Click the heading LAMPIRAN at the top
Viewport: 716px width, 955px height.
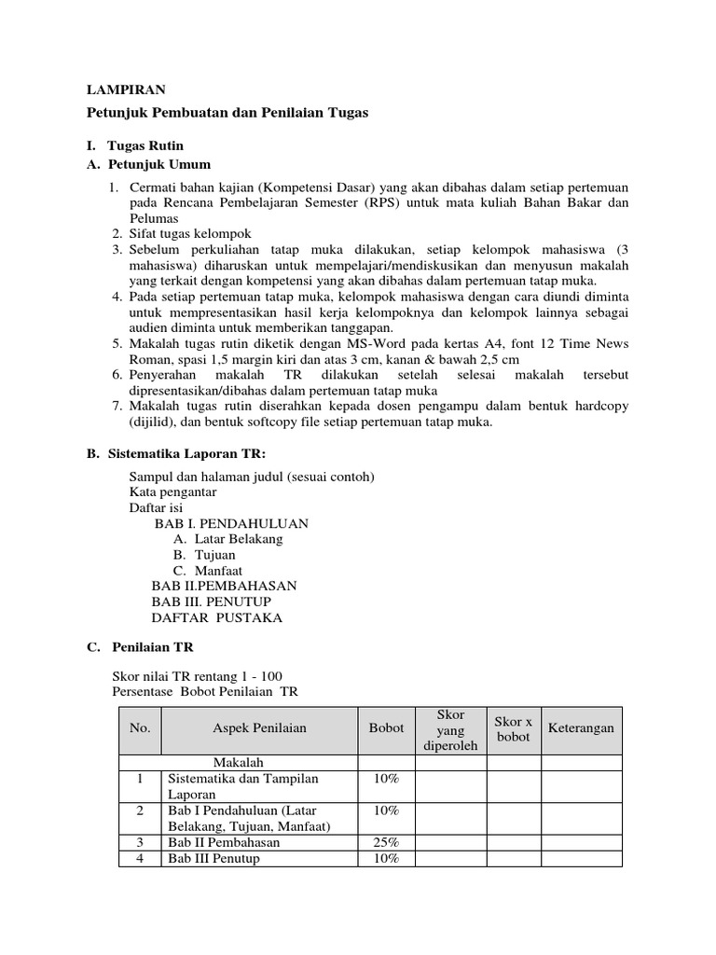[126, 90]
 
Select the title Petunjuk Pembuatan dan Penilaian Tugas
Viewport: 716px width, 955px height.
[227, 113]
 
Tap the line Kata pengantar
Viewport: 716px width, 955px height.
[172, 491]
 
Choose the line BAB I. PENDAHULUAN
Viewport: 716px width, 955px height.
[231, 523]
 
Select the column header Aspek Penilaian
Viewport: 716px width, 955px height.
[259, 727]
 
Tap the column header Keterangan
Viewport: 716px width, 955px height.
[581, 727]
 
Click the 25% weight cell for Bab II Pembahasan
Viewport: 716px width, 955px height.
[386, 842]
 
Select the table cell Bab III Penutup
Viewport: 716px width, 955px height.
[213, 858]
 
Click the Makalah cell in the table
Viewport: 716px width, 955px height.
[240, 762]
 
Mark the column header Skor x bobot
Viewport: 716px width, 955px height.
[514, 728]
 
